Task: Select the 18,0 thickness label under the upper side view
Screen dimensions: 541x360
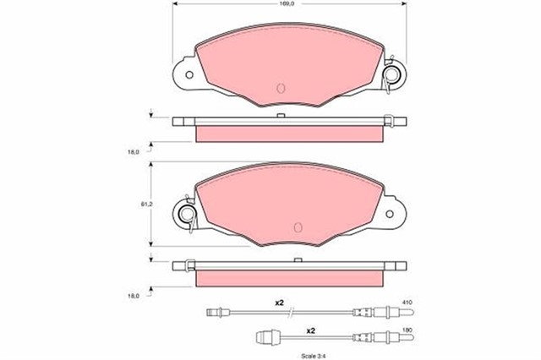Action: pos(134,152)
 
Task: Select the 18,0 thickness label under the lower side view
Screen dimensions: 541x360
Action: pos(134,296)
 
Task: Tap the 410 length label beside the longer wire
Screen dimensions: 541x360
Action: pos(407,303)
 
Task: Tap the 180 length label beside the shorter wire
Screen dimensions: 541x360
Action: pos(407,330)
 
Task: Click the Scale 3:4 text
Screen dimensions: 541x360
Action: pos(314,356)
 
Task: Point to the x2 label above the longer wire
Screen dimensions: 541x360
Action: pos(279,303)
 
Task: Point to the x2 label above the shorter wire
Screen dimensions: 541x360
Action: pos(311,330)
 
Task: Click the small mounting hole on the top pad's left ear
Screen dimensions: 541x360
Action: pos(189,74)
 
